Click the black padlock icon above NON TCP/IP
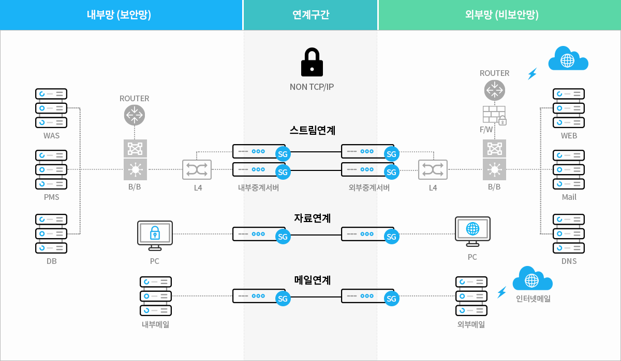pos(312,62)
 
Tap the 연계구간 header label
pos(310,15)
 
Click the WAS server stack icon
pos(51,108)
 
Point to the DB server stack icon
pos(51,233)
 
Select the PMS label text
pos(51,197)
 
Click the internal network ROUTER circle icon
pos(135,115)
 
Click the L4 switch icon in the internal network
pos(197,169)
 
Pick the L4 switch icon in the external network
pos(433,169)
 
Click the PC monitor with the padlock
pos(155,235)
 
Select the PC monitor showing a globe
pos(472,231)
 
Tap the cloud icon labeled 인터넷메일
pos(532,279)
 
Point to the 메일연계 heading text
pos(312,280)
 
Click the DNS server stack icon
pos(569,233)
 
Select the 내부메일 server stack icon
pos(156,296)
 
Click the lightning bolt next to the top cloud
pos(531,74)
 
